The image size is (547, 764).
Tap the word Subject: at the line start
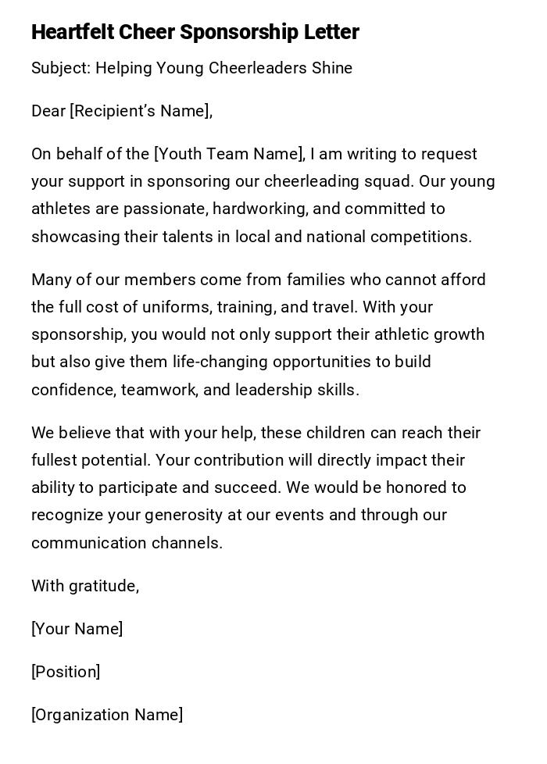point(61,68)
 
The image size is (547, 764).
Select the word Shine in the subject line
point(331,68)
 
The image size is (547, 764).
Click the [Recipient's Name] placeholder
point(141,111)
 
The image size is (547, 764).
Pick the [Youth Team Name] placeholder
point(229,154)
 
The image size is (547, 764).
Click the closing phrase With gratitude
point(85,586)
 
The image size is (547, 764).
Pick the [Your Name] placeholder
point(77,629)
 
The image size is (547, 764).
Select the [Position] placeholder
point(66,672)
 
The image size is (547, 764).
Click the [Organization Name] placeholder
point(107,715)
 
